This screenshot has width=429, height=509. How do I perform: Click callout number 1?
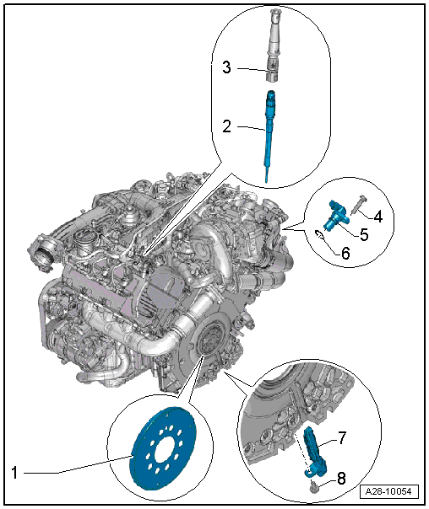tap(14, 472)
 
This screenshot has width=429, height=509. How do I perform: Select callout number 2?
tap(226, 126)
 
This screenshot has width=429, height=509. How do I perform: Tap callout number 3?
tap(226, 67)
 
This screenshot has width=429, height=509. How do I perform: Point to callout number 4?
tap(377, 217)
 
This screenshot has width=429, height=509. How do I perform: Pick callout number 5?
tap(364, 234)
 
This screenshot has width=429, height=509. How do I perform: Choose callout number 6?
tap(345, 253)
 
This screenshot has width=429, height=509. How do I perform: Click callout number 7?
tap(342, 438)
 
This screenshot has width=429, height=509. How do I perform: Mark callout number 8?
tap(341, 478)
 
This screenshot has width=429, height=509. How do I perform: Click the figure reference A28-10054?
tap(388, 491)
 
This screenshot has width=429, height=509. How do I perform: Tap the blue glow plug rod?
tap(269, 137)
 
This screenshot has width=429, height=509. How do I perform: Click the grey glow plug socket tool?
tap(272, 46)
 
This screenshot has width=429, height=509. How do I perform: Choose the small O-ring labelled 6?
tap(319, 234)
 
